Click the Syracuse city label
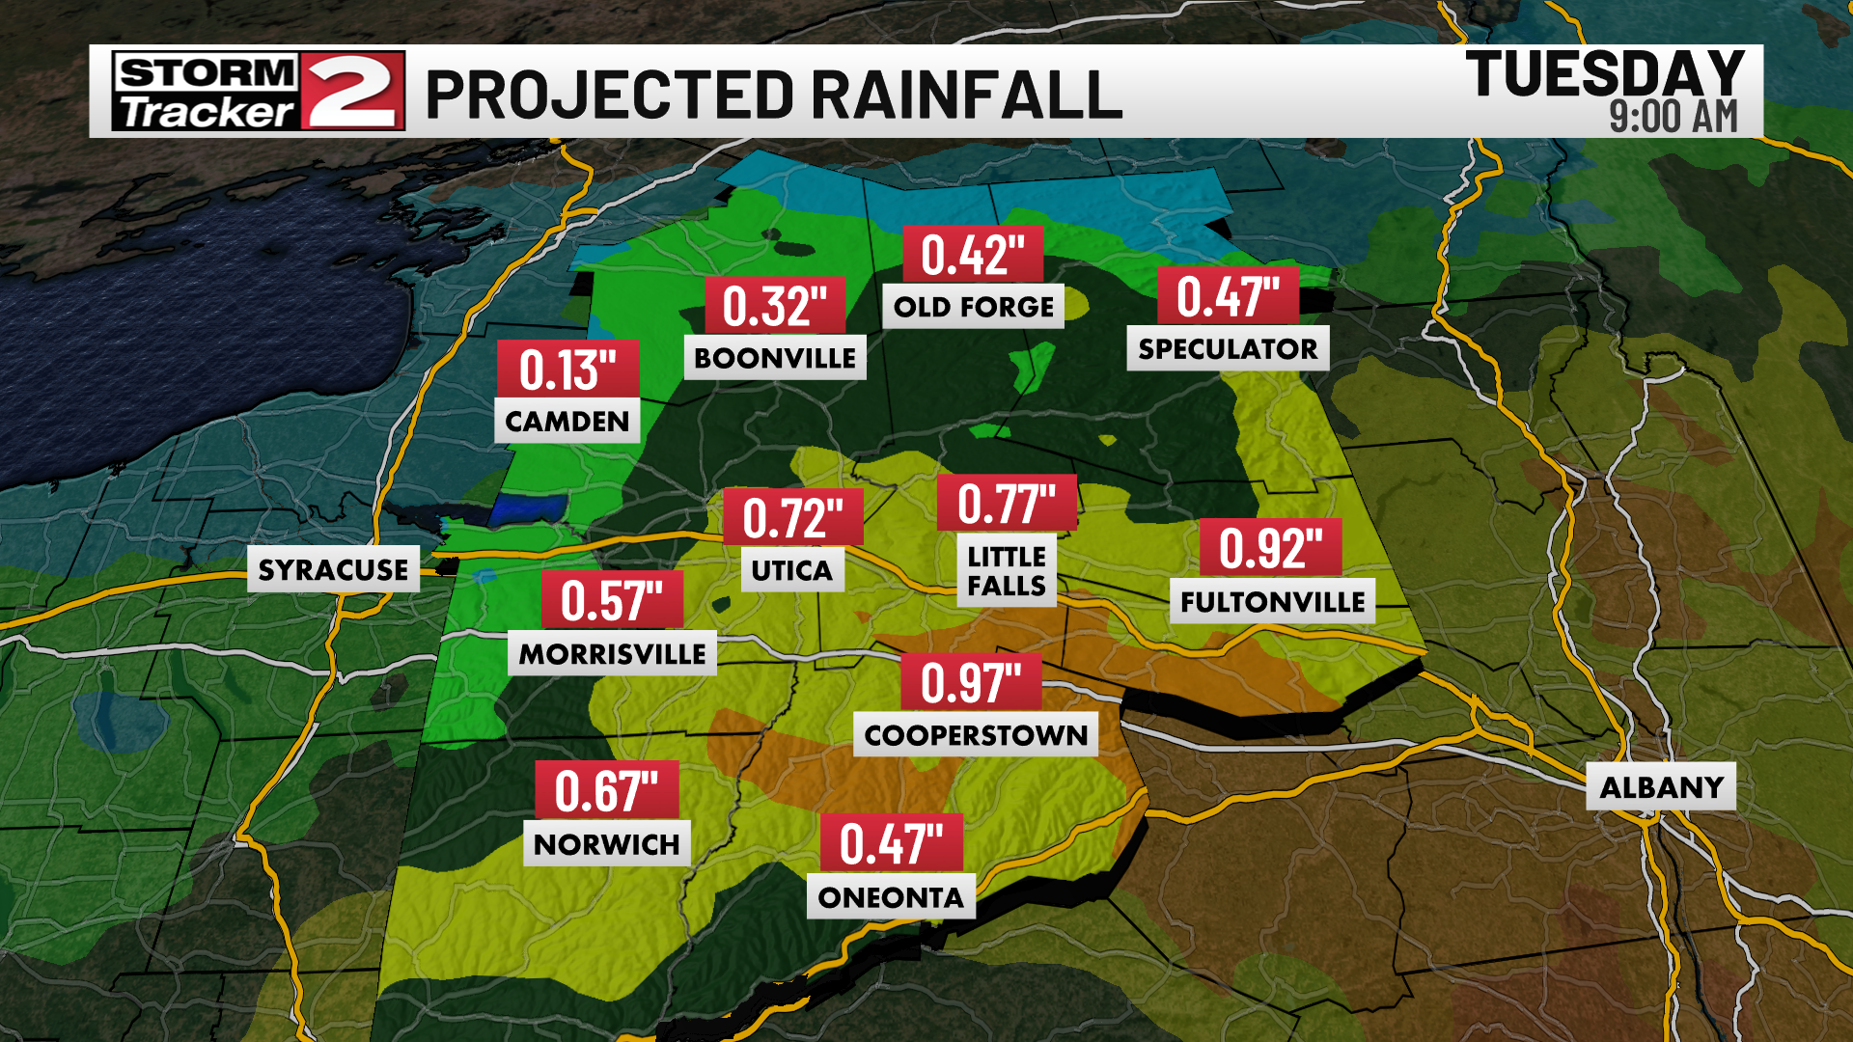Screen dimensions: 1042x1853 [x=333, y=569]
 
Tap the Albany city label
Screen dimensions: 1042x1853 [x=1661, y=787]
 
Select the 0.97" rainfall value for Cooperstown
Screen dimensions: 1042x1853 [x=971, y=683]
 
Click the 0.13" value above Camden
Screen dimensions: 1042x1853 [x=567, y=370]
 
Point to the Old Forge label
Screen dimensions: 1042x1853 [x=973, y=307]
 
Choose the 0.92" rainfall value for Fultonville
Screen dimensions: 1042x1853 [x=1270, y=548]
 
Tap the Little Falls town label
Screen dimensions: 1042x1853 [x=1007, y=571]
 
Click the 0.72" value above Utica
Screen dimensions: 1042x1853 [x=792, y=518]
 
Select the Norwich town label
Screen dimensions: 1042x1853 [x=606, y=844]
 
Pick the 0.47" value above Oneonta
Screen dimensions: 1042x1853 [x=891, y=844]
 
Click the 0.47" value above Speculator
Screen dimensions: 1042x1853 [x=1228, y=296]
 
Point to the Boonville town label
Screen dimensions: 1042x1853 [x=775, y=358]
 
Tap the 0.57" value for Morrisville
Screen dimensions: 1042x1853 [x=612, y=600]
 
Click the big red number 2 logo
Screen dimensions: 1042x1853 [x=351, y=92]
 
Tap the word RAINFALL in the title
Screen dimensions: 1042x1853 [x=966, y=95]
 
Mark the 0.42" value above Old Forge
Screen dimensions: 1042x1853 [x=972, y=255]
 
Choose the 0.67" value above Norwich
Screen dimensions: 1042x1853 [x=607, y=791]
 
